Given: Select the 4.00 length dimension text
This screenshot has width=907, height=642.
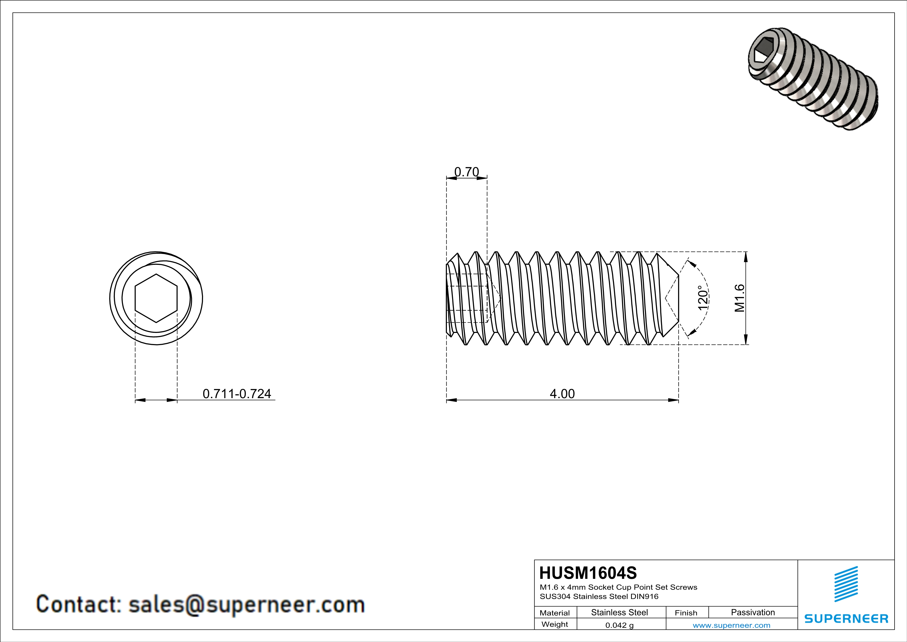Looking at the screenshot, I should click(x=562, y=394).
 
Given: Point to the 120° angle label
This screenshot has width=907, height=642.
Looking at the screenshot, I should click(x=702, y=298).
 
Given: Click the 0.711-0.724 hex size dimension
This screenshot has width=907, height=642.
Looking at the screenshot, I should click(x=237, y=394).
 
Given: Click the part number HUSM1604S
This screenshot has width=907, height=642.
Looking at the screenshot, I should click(x=588, y=573).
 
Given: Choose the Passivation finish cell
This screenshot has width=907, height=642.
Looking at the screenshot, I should click(x=753, y=612).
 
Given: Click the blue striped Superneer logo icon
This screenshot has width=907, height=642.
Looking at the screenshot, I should click(x=846, y=584).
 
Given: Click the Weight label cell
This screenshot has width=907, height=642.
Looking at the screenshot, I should click(x=555, y=625).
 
